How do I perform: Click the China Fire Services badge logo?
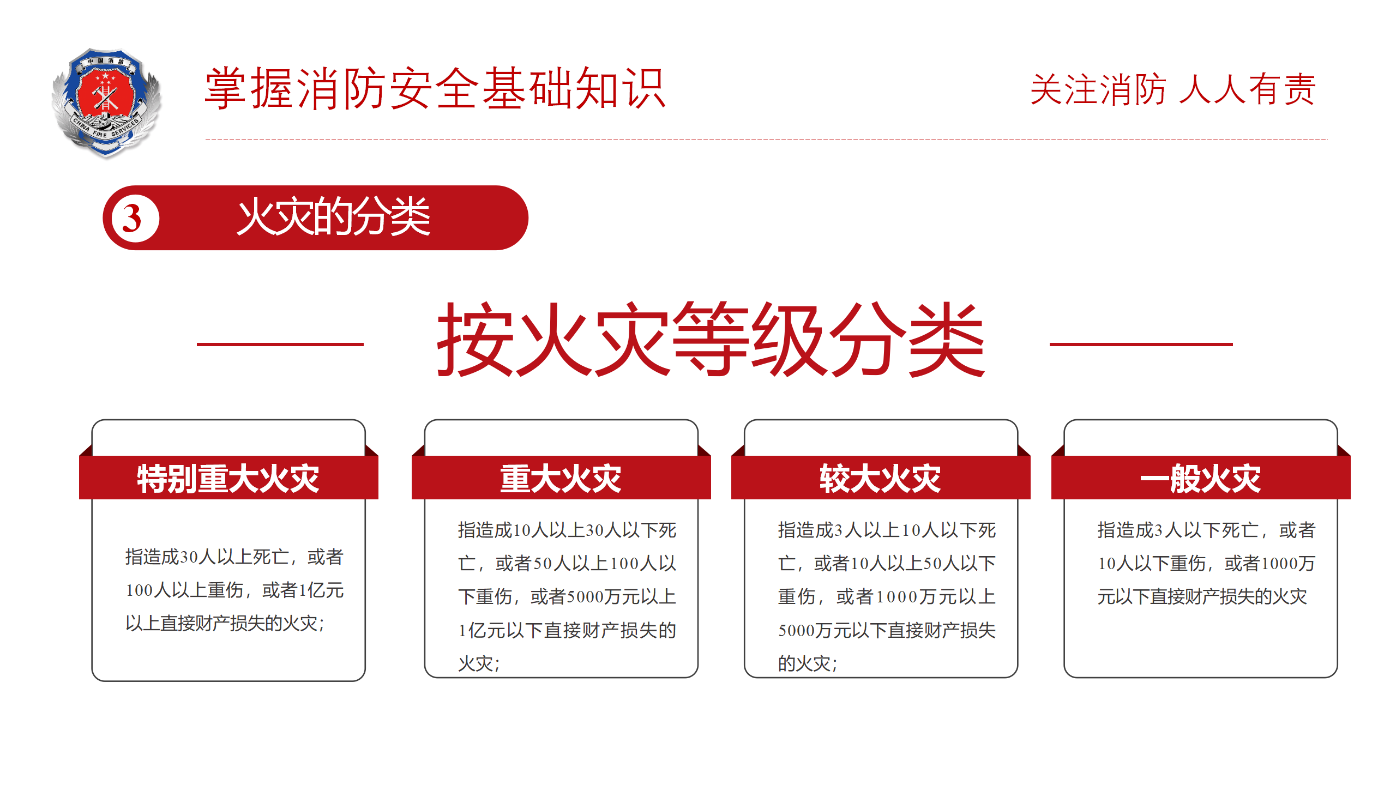tap(106, 104)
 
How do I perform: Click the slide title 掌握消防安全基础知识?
tap(435, 88)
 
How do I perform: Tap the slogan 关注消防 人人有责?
tap(1173, 89)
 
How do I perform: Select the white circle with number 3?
tap(135, 218)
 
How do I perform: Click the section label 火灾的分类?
tap(334, 217)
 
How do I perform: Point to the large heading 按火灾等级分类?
tap(711, 339)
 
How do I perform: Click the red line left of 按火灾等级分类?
tap(280, 344)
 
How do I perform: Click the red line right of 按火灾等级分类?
tap(1141, 344)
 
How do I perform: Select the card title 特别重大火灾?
tap(228, 479)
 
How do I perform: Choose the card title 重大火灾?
tap(561, 479)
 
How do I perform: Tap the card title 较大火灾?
tap(881, 479)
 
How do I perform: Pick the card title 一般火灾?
tap(1201, 479)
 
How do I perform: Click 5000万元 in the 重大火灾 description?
tap(603, 597)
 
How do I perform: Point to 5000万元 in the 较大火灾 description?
tap(814, 631)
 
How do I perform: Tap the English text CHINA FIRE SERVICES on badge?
tap(106, 128)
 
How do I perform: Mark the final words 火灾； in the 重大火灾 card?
tap(479, 664)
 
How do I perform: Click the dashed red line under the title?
tap(766, 140)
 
